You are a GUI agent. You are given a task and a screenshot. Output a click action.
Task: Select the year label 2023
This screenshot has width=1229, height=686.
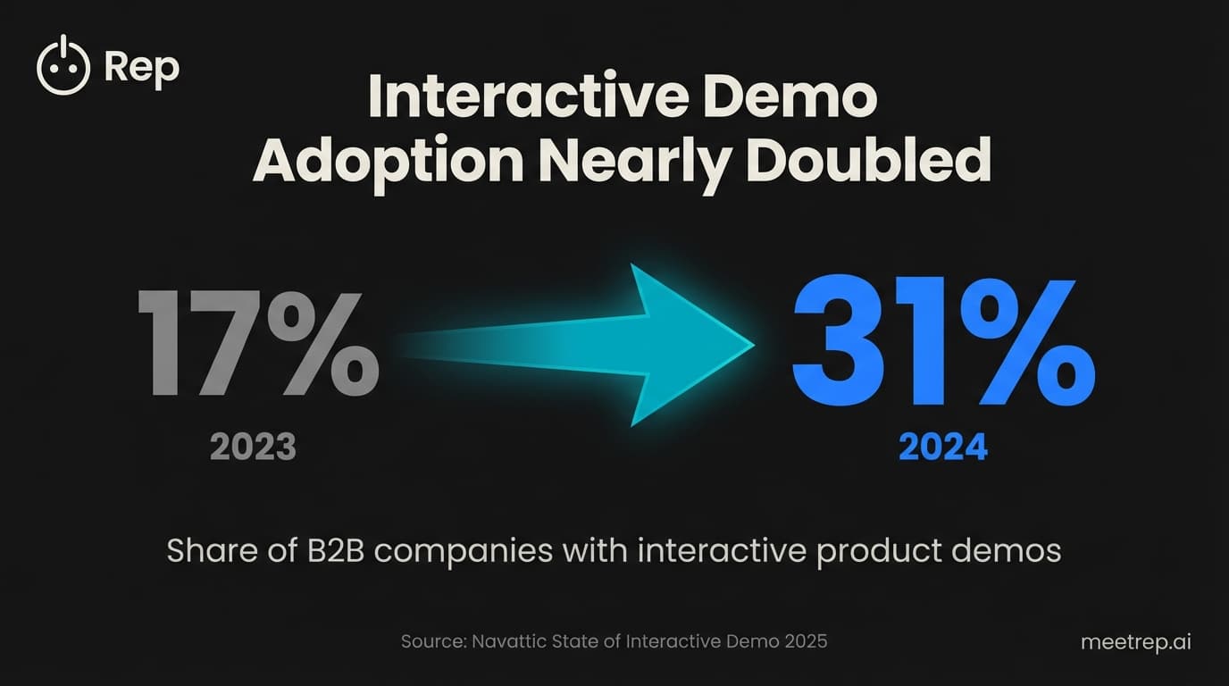click(x=253, y=446)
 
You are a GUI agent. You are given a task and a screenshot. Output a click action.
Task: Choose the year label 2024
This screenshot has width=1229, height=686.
click(x=943, y=446)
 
